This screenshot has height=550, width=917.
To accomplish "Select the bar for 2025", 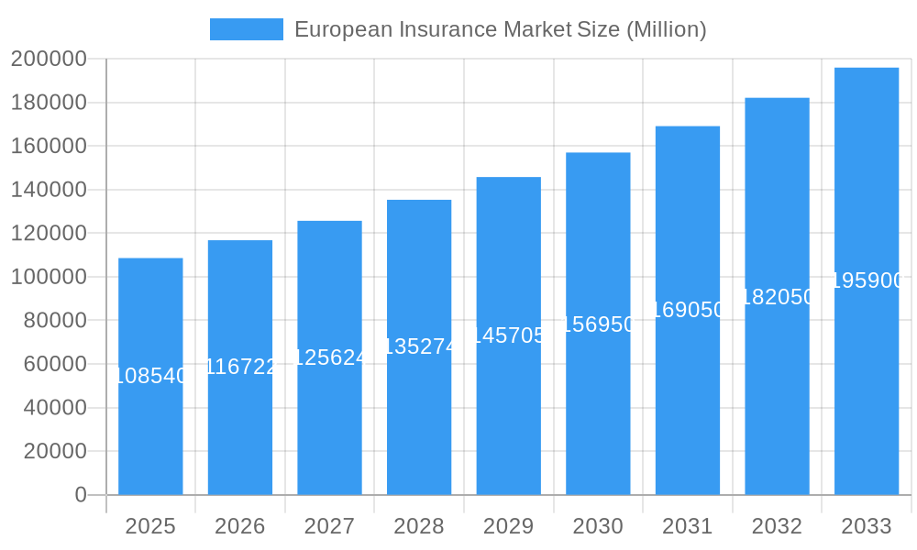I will click(x=150, y=431).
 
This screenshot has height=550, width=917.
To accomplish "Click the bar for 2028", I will click(x=419, y=422).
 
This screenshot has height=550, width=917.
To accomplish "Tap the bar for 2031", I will click(x=688, y=403).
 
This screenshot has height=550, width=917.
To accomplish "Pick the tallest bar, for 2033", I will click(x=867, y=385).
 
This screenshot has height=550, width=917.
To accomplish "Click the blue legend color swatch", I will click(x=246, y=29).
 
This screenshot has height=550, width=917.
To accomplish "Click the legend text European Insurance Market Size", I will click(x=500, y=29).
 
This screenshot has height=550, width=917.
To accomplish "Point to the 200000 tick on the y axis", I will click(x=49, y=60).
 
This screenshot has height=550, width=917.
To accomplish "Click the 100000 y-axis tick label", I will click(x=49, y=277).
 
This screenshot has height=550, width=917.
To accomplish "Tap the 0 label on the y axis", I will click(x=81, y=495).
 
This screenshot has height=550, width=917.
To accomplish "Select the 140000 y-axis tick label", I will click(x=49, y=190).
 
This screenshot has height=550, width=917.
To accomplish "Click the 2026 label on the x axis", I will click(x=240, y=526).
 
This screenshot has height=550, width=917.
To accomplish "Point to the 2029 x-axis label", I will click(x=508, y=526).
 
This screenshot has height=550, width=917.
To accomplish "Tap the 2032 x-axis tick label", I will click(x=777, y=526).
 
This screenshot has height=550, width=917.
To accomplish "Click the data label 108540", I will click(x=150, y=376).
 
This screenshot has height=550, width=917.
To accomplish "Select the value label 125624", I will click(x=329, y=357).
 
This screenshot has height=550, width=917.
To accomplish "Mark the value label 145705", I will click(x=508, y=335).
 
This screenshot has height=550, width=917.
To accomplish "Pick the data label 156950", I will click(x=598, y=324).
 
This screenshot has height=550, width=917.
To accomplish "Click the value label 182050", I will click(x=777, y=297).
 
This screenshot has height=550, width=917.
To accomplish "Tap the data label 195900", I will click(x=867, y=281).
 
